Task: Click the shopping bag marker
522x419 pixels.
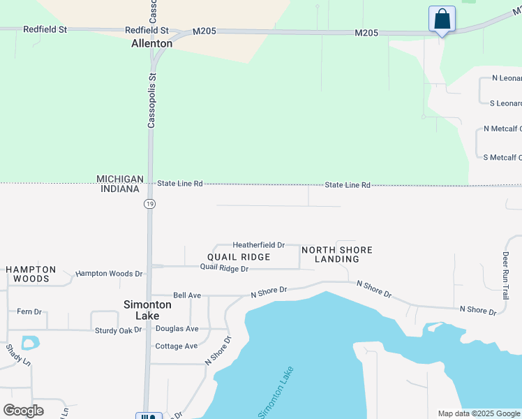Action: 442,19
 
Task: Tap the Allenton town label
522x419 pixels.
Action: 151,43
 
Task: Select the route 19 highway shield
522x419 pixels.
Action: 149,204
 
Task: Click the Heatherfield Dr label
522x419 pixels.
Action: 258,245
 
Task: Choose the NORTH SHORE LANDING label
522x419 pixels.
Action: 337,254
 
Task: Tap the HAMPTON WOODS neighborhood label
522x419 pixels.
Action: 31,274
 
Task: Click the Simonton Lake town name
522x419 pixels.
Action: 147,310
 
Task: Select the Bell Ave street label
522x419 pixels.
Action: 187,295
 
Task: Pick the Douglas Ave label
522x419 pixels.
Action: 177,328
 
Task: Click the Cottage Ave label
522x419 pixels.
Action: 177,346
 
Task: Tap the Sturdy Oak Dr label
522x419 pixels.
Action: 119,330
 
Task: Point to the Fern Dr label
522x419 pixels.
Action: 29,311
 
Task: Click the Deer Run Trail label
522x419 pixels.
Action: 506,276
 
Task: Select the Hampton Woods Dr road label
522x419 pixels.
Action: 109,274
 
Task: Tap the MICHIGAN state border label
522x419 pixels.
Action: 120,179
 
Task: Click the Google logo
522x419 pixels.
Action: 23,411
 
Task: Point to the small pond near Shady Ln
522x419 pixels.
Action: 30,343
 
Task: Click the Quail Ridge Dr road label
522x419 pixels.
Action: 224,267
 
